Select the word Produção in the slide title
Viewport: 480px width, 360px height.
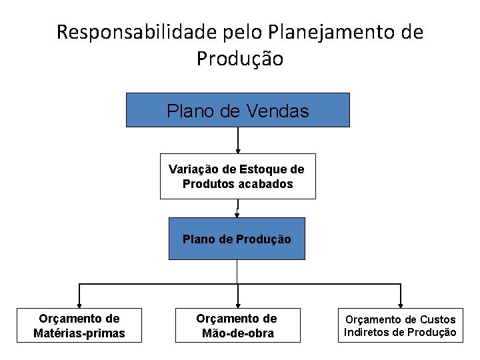[x=240, y=59]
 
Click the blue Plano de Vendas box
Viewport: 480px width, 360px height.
[x=238, y=110]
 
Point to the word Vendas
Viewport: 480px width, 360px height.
[x=277, y=111]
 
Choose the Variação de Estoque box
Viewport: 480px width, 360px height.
[x=238, y=177]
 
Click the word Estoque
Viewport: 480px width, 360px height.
[x=263, y=169]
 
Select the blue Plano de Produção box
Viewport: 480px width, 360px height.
[x=237, y=239]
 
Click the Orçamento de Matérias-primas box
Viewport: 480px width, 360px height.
[x=79, y=325]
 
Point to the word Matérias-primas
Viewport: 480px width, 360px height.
[x=79, y=333]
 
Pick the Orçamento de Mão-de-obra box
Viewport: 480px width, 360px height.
[x=237, y=325]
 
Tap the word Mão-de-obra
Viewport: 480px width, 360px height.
[x=237, y=333]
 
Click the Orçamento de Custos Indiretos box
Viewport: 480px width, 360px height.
[x=400, y=325]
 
